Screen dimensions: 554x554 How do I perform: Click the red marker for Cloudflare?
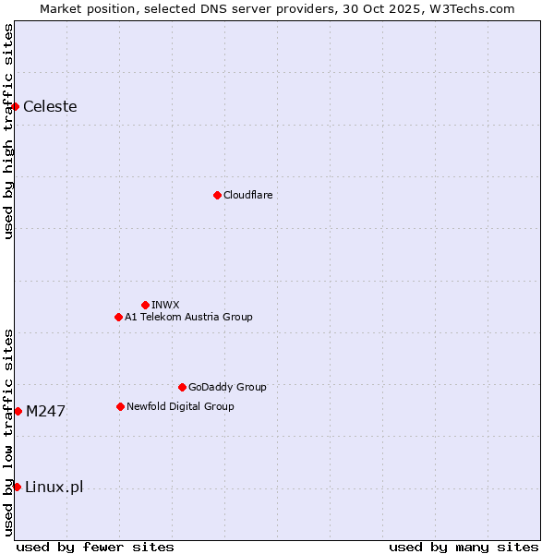coord(217,195)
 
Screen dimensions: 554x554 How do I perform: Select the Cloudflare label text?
coord(247,195)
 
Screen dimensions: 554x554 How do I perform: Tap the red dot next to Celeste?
coord(16,107)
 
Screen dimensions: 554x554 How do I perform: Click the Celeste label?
coord(50,107)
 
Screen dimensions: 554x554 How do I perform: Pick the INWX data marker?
coord(145,305)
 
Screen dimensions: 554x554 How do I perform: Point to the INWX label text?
coord(165,305)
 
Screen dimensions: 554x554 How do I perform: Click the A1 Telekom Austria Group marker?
coord(118,317)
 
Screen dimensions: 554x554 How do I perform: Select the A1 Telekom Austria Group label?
coord(188,317)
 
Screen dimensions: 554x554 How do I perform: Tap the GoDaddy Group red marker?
coord(182,387)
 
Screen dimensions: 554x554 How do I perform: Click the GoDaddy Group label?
coord(227,387)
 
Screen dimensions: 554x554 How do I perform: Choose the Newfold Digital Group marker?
coord(120,406)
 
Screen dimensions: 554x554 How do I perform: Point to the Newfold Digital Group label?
coord(180,406)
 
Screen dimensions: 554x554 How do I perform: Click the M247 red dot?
coord(18,411)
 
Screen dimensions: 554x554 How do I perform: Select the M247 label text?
coord(45,412)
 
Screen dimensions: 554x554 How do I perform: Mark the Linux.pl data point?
coord(17,487)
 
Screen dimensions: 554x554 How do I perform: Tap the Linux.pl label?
coord(54,488)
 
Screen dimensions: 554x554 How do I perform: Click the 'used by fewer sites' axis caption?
coord(95,547)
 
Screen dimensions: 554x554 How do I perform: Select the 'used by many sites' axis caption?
coord(464,547)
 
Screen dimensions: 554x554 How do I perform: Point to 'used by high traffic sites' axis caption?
coord(8,131)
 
